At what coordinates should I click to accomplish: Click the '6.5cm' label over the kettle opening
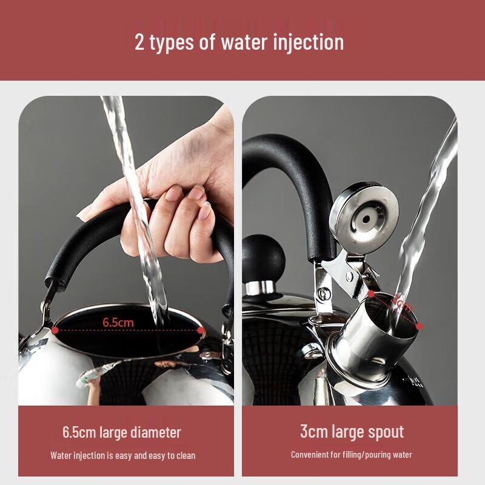(x=118, y=322)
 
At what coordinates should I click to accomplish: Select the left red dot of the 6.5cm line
(x=55, y=330)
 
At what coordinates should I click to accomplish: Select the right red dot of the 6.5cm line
(x=201, y=330)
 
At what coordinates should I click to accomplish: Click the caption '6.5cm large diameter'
(x=121, y=432)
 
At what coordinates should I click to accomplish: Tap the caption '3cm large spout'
(x=352, y=432)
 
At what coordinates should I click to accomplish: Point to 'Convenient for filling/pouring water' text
(x=352, y=455)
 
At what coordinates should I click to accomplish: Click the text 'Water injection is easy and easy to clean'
(x=122, y=455)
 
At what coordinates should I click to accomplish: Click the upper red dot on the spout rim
(x=371, y=294)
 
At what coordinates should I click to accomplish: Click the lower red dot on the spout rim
(x=419, y=326)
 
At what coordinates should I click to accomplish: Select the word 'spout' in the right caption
(x=386, y=432)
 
